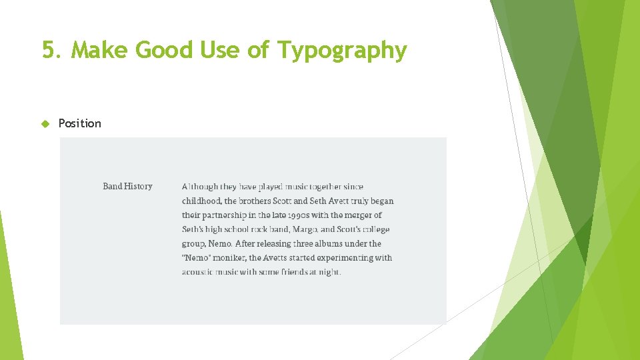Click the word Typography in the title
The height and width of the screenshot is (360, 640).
tap(341, 51)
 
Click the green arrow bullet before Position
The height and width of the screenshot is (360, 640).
tap(45, 123)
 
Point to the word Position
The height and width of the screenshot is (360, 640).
tap(80, 123)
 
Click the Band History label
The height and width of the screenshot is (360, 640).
tap(127, 187)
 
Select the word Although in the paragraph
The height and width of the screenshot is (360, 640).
tap(199, 187)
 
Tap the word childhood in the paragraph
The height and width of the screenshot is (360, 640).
tap(201, 201)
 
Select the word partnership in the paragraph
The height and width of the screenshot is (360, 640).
tap(224, 215)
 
